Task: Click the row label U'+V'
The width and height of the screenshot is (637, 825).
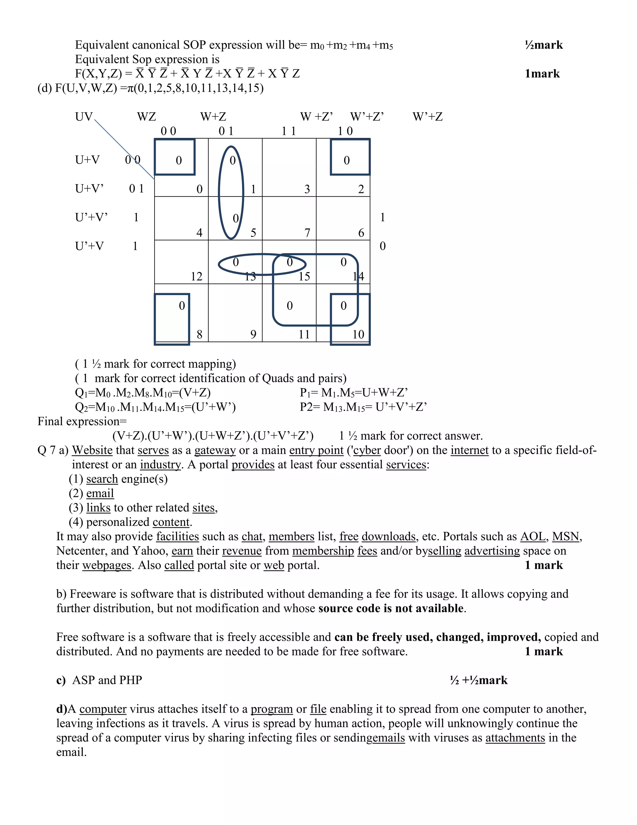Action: click(91, 217)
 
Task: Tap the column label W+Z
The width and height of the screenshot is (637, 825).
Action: click(213, 117)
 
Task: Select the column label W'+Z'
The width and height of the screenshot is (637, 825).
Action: click(367, 117)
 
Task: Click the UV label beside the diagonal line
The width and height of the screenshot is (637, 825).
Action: click(84, 117)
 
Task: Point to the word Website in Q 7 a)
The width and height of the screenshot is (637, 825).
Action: click(92, 450)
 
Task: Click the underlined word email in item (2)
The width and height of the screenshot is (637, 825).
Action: click(100, 493)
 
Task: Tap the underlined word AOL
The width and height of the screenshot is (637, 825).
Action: click(532, 536)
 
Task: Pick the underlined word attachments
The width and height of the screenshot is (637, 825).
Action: click(515, 738)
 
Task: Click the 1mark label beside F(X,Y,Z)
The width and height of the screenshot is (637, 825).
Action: click(542, 74)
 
